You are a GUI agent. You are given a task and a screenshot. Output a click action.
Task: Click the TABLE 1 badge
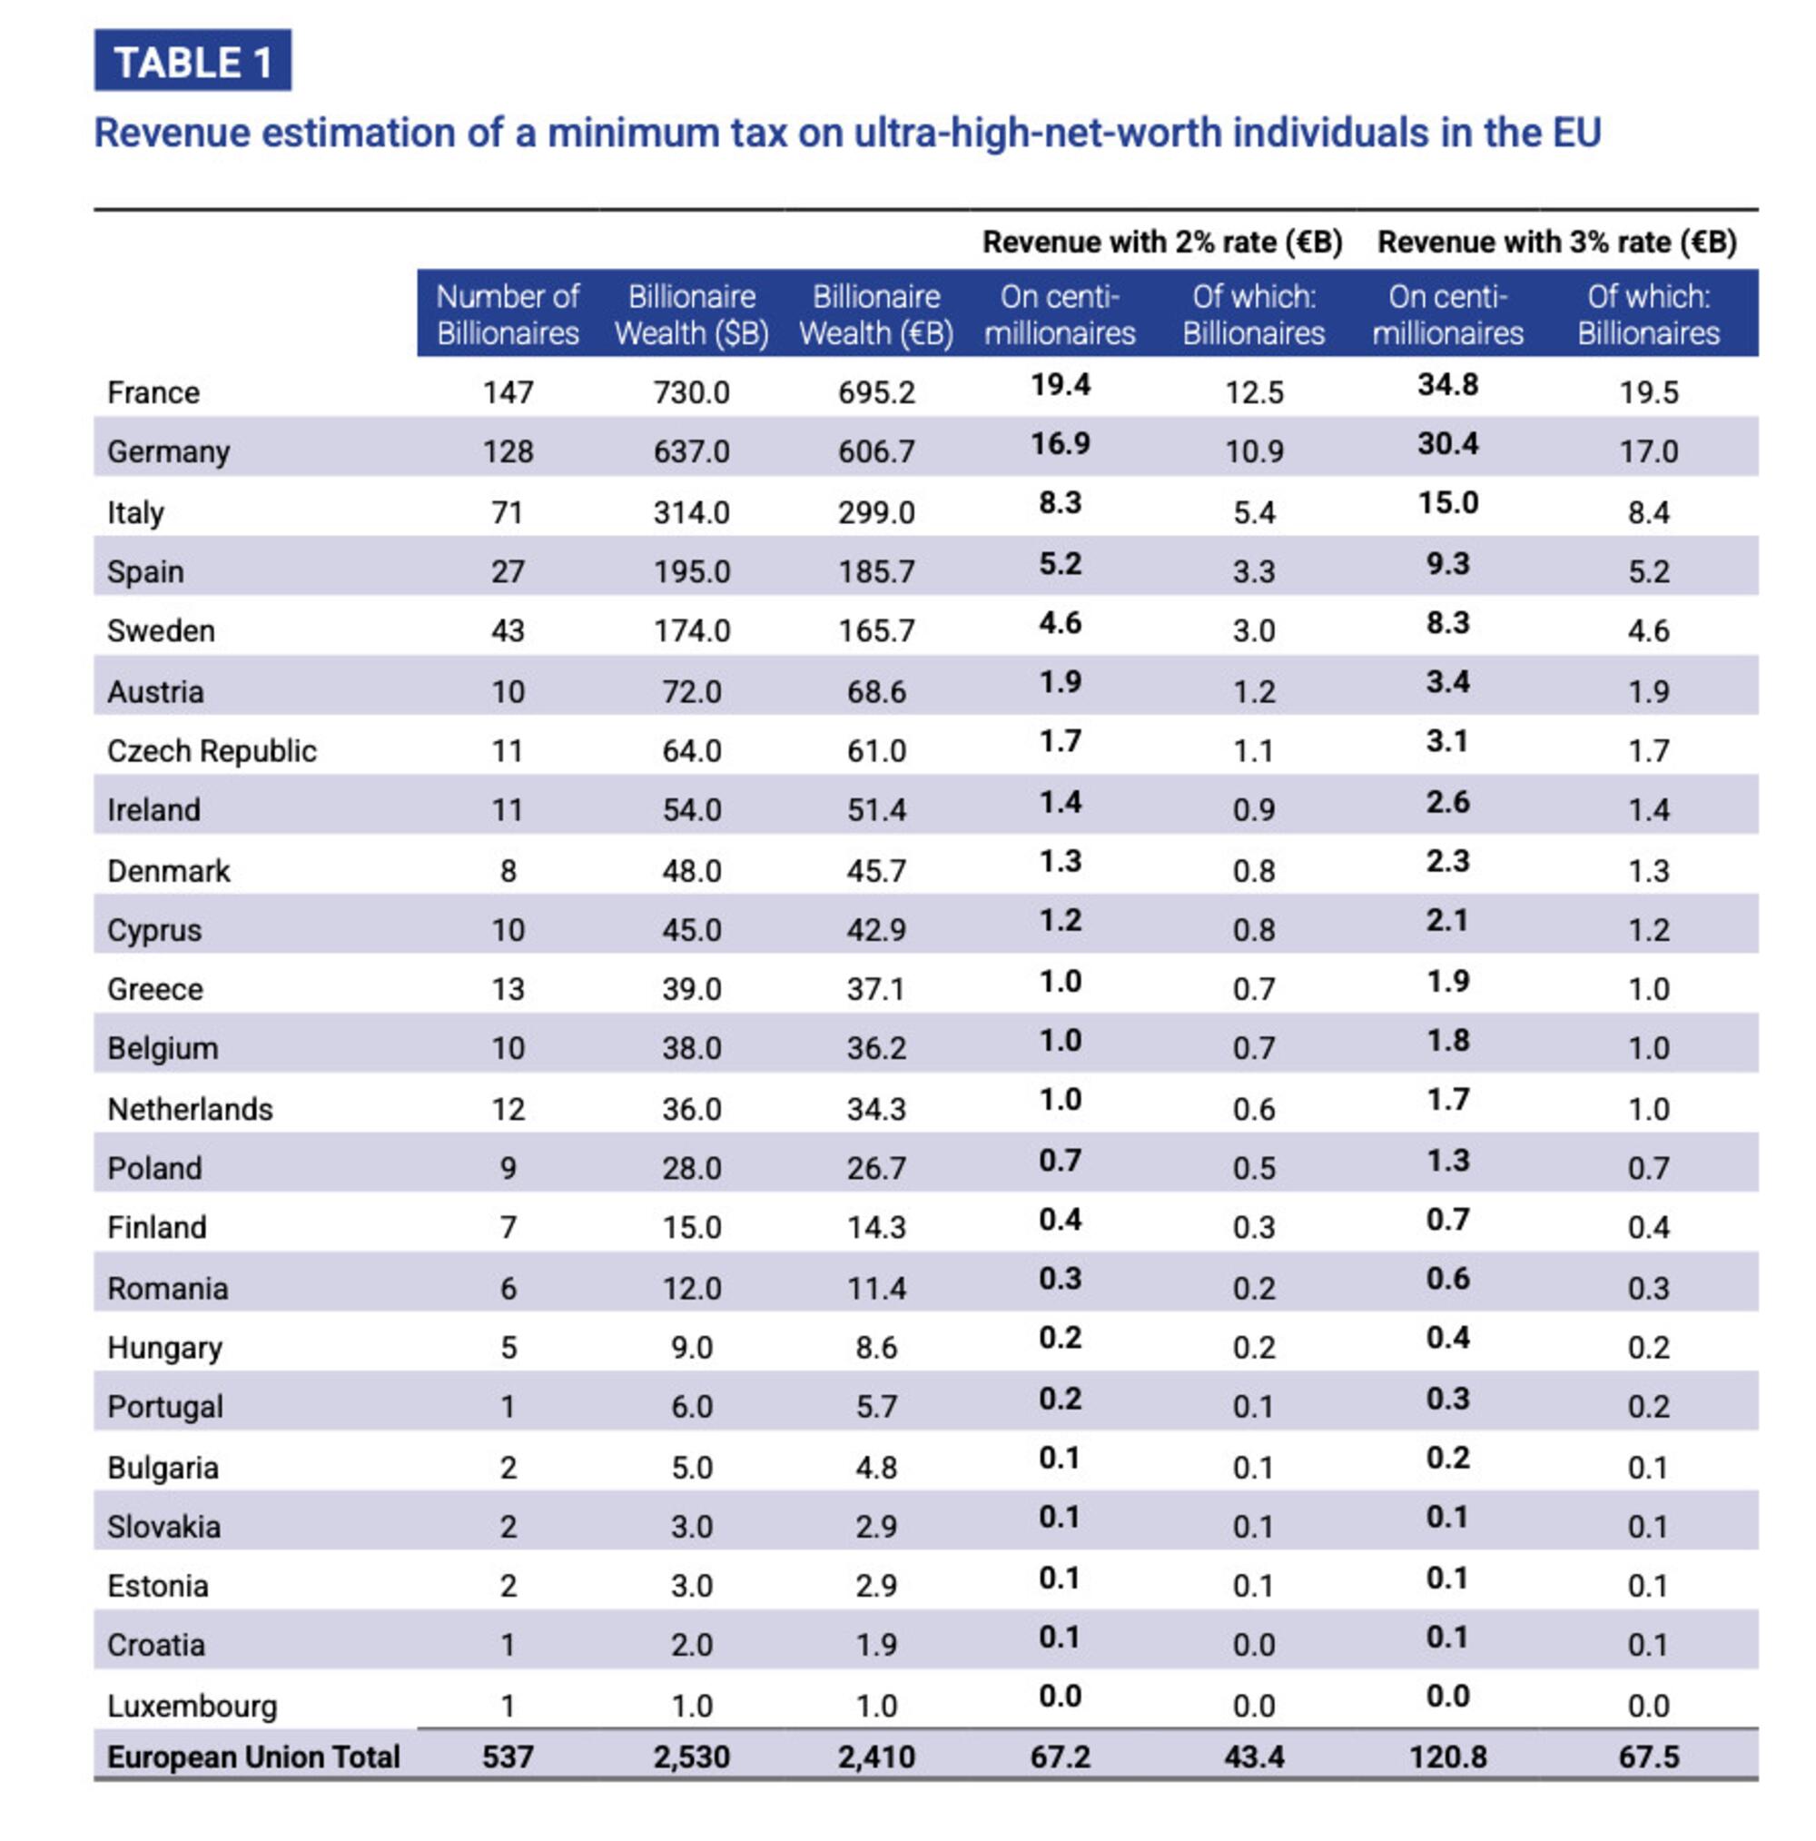[x=192, y=62]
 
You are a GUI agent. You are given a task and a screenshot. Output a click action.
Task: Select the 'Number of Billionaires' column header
[x=507, y=314]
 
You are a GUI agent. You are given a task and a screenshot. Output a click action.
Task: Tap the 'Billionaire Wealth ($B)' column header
[x=691, y=314]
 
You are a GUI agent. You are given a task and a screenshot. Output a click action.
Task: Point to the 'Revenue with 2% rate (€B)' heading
[x=1161, y=242]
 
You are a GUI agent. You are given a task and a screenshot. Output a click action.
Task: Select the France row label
[x=153, y=392]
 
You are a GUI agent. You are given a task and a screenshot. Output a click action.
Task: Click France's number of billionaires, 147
[x=507, y=392]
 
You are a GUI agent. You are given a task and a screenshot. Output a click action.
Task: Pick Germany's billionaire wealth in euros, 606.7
[x=875, y=451]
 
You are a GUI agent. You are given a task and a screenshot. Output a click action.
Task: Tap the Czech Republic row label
[x=212, y=751]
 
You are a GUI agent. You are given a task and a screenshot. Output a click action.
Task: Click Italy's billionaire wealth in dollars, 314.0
[x=691, y=512]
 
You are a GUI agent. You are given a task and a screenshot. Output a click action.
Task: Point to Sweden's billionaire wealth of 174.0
[x=691, y=631]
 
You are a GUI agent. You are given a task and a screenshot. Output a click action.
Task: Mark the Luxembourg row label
[x=192, y=1706]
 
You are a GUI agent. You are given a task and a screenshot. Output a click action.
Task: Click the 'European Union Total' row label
[x=253, y=1757]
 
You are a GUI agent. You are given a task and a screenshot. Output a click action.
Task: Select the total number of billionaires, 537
[x=507, y=1757]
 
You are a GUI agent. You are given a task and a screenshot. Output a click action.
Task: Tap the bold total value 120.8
[x=1447, y=1757]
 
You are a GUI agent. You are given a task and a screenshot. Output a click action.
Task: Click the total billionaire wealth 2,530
[x=691, y=1757]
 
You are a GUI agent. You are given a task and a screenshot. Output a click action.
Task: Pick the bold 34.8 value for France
[x=1447, y=385]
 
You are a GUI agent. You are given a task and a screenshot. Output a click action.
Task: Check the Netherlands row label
[x=190, y=1109]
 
